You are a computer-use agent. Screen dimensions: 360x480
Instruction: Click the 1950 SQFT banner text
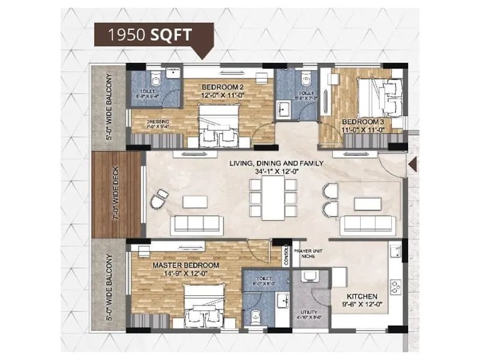150,34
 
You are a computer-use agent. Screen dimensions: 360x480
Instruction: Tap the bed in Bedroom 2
216,125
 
